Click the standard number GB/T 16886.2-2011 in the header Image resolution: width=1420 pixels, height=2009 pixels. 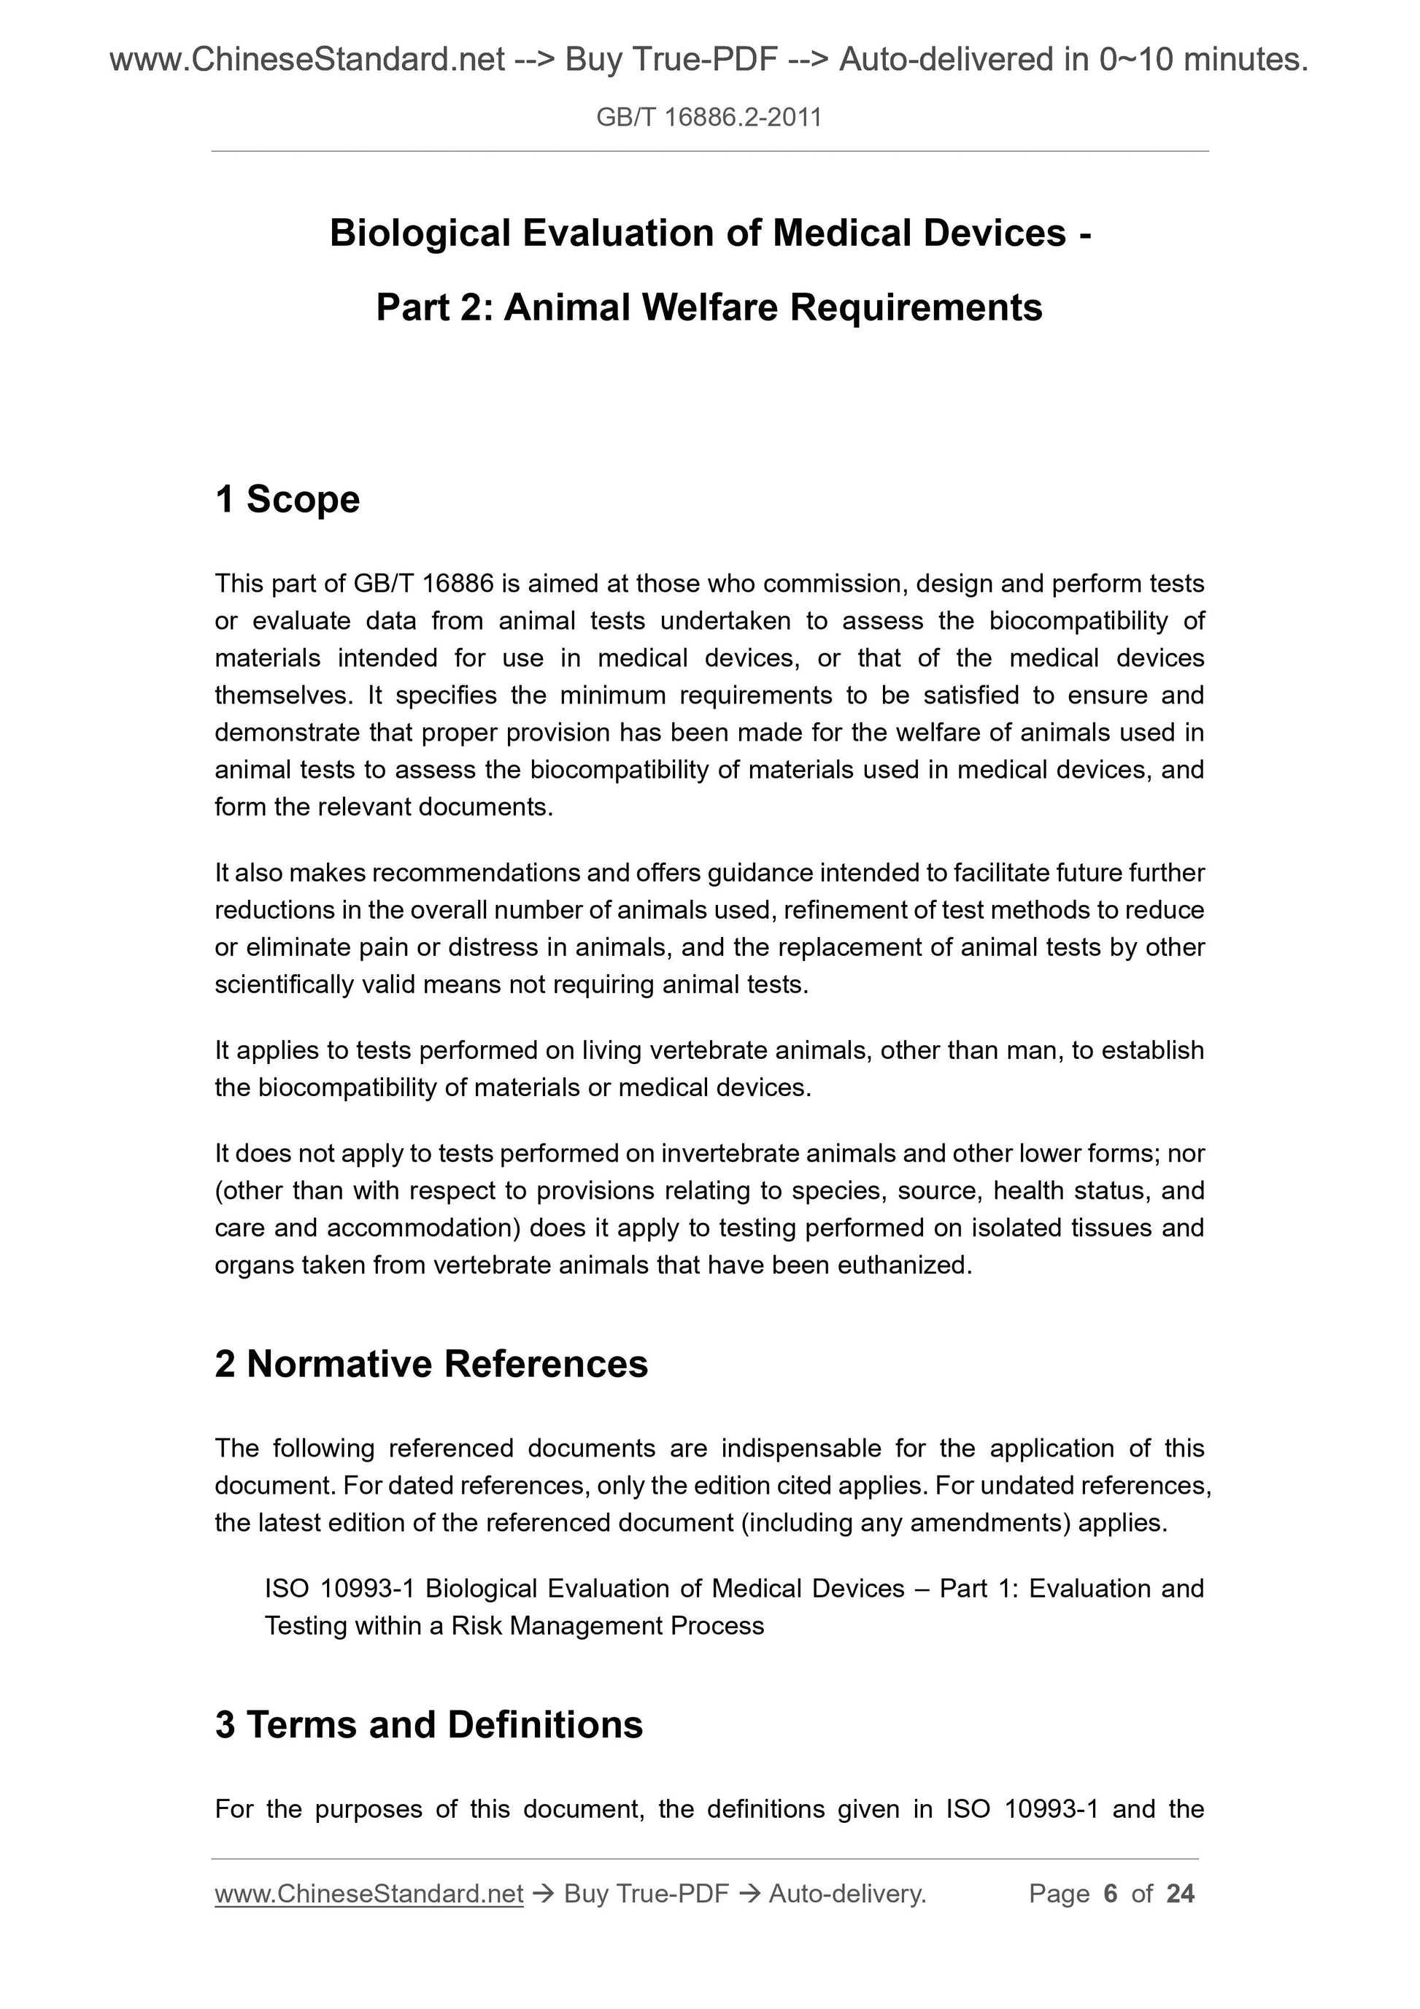709,117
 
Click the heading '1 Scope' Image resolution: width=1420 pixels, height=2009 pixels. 287,500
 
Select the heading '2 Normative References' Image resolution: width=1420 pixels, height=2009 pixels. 431,1364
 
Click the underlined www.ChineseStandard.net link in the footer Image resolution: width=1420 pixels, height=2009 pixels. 368,1894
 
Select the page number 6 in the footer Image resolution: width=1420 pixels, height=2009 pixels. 1111,1894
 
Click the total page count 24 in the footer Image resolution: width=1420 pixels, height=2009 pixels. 1180,1894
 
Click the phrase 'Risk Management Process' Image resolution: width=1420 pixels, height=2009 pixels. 608,1626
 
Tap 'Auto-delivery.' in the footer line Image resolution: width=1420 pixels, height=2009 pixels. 847,1894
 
